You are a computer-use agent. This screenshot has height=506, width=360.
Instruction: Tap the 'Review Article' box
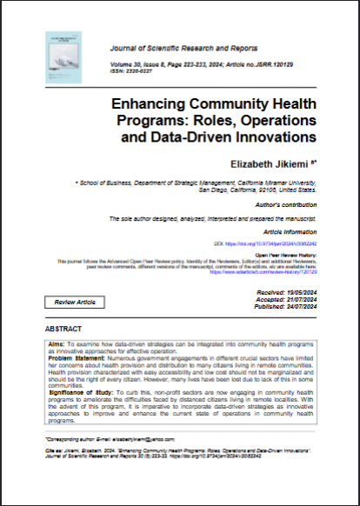pos(75,303)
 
